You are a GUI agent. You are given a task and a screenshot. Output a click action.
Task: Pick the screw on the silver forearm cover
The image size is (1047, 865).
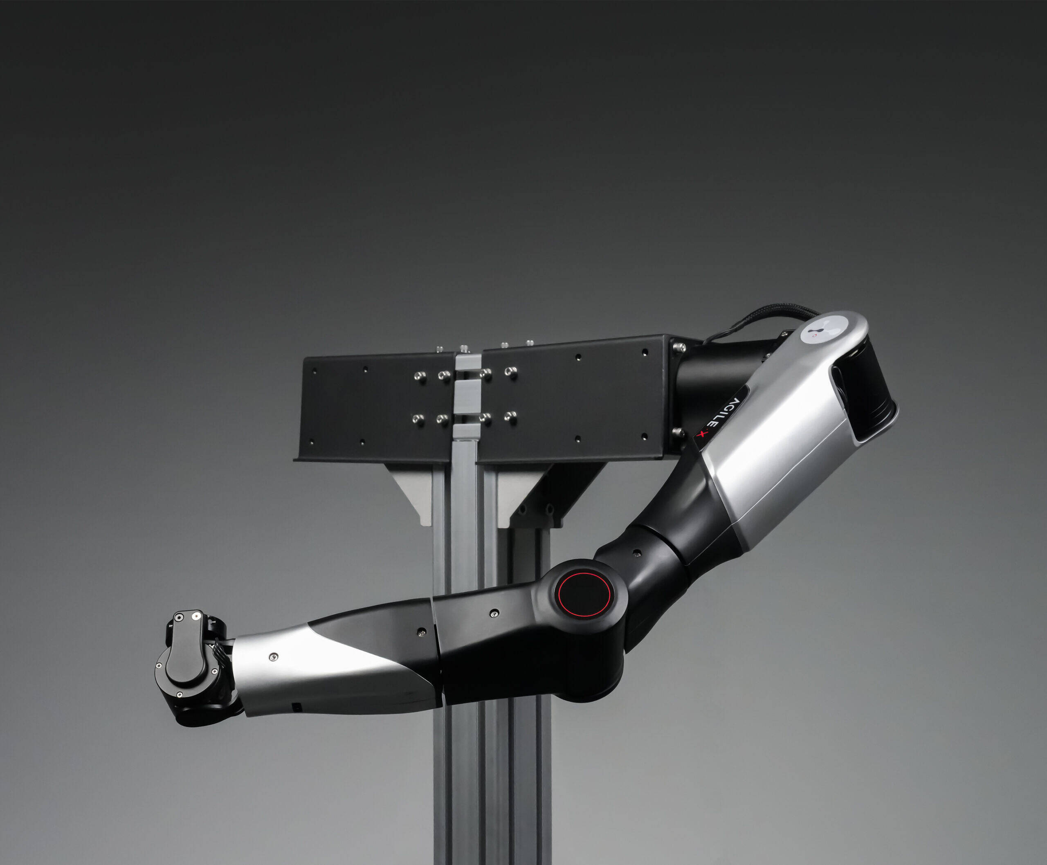[x=273, y=657]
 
